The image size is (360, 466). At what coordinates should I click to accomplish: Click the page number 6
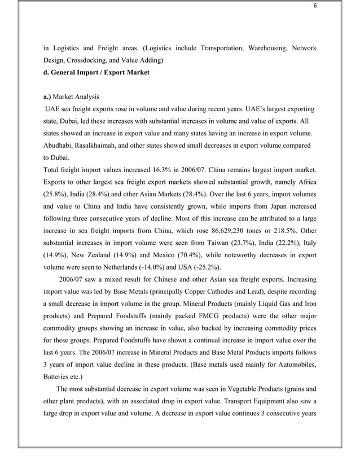tap(316, 6)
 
